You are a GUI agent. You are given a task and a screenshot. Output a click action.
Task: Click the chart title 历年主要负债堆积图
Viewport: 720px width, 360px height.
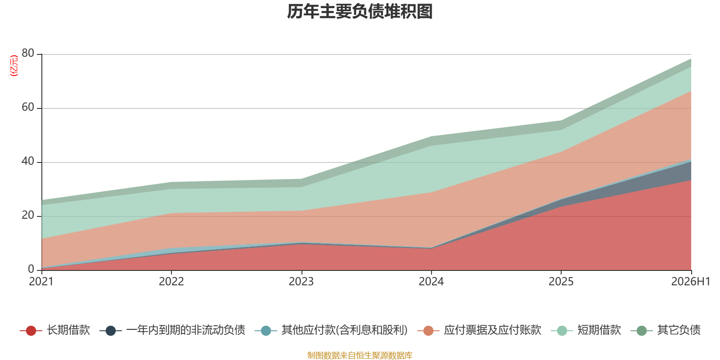360,12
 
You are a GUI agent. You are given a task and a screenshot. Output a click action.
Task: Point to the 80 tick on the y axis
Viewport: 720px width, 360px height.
28,53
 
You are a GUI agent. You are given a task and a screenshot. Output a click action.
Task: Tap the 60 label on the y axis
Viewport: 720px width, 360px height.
28,107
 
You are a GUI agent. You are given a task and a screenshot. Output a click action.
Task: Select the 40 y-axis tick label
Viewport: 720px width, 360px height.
28,161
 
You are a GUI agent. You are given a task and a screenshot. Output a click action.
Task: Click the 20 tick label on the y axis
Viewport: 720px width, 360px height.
28,215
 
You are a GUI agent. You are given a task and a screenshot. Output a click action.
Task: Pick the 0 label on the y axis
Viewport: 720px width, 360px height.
31,269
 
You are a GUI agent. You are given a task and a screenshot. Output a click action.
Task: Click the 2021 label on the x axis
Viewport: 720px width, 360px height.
41,282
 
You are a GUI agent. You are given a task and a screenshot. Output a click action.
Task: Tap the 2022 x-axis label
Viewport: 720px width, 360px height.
171,282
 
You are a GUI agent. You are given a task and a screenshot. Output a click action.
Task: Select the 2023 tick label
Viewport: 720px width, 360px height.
301,282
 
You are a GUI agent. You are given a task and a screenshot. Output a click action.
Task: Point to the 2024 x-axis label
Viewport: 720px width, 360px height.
431,282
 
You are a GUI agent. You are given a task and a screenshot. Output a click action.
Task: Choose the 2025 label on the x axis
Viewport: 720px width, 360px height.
561,282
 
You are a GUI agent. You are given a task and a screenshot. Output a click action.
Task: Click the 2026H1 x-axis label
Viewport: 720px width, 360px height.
690,282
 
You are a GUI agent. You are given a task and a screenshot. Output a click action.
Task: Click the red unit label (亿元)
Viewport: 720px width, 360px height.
14,66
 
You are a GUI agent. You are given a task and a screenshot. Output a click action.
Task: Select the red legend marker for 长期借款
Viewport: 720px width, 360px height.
31,330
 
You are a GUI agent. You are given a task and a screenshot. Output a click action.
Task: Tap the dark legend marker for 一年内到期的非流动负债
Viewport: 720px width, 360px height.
111,330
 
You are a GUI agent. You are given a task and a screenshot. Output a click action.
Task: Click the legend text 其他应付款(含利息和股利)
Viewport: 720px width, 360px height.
345,330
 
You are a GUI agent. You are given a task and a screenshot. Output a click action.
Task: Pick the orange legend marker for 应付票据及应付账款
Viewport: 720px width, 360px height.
428,330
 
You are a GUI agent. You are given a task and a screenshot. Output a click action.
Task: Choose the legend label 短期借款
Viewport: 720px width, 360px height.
599,330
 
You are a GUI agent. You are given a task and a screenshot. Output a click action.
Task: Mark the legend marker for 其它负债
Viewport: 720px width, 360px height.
642,330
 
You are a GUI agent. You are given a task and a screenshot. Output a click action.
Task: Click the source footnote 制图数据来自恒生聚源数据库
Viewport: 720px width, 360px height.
360,355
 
